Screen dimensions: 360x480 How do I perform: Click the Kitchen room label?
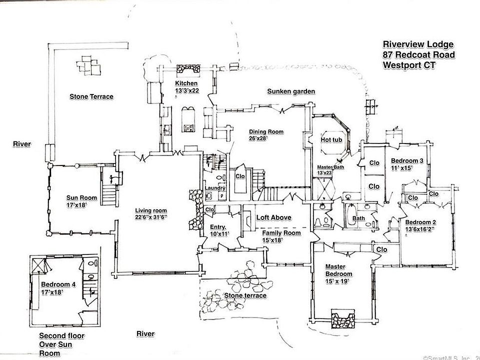point(186,83)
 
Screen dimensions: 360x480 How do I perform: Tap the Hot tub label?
point(331,139)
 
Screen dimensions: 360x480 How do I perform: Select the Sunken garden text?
point(290,91)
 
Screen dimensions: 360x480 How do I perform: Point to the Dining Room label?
point(266,132)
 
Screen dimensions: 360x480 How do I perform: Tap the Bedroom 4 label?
point(58,284)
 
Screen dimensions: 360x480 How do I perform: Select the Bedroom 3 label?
point(407,160)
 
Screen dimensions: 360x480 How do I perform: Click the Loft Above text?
point(274,217)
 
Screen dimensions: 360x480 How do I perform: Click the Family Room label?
point(281,233)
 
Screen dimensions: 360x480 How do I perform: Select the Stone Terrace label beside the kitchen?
point(91,96)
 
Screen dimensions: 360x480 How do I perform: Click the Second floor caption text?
point(62,336)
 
